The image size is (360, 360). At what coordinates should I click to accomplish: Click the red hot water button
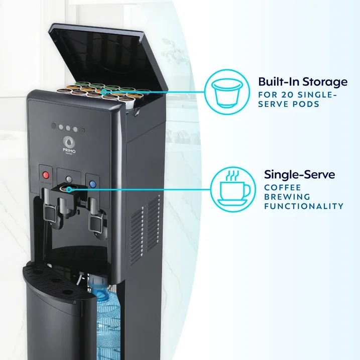pyautogui.click(x=46, y=175)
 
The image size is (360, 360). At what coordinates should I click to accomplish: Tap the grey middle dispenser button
pyautogui.click(x=69, y=179)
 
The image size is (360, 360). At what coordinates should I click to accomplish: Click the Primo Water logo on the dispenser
pyautogui.click(x=69, y=145)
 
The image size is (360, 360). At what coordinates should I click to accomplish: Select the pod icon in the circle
pyautogui.click(x=227, y=93)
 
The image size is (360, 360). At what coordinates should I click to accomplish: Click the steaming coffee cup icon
pyautogui.click(x=233, y=189)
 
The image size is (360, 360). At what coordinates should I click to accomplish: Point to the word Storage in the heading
pyautogui.click(x=325, y=82)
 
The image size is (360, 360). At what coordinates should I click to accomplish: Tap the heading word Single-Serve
pyautogui.click(x=299, y=175)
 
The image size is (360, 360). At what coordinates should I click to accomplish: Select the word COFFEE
pyautogui.click(x=282, y=188)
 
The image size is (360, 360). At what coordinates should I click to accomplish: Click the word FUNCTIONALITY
pyautogui.click(x=304, y=206)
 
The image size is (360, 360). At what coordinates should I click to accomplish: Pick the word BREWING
pyautogui.click(x=287, y=197)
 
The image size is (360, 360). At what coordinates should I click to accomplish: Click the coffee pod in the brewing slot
pyautogui.click(x=66, y=188)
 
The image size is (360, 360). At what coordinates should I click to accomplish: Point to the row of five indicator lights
pyautogui.click(x=68, y=128)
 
